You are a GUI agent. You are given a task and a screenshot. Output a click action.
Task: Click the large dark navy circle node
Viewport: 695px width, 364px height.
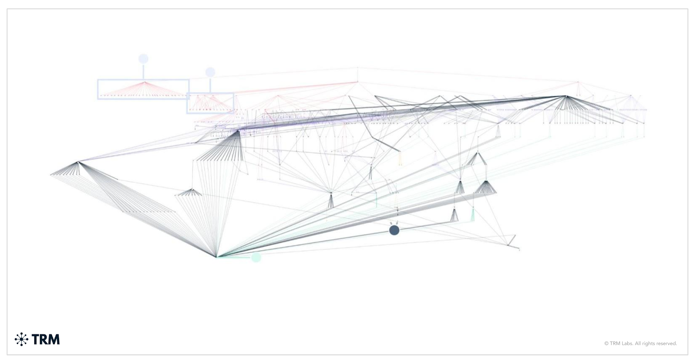coord(394,230)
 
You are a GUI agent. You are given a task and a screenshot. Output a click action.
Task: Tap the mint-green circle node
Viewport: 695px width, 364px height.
coord(256,257)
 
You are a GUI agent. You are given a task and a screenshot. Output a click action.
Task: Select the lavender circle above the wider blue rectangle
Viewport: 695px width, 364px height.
coord(143,59)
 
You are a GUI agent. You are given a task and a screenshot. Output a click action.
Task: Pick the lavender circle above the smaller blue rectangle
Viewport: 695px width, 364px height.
coord(210,72)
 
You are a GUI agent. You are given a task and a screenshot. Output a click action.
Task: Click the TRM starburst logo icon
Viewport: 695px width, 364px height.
coord(21,339)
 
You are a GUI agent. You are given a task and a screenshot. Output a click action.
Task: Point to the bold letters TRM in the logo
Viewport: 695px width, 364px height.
coord(46,339)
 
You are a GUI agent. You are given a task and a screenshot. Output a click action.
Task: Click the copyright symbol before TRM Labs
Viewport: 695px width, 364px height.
coord(606,344)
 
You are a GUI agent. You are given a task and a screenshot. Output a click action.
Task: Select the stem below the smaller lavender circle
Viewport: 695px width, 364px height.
coord(210,85)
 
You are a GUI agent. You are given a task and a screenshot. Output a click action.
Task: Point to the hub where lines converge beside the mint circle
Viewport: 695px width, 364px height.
coord(217,257)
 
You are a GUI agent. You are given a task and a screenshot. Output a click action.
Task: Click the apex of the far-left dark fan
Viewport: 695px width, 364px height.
coord(78,162)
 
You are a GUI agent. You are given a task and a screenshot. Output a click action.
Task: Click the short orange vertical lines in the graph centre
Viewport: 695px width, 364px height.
coord(400,158)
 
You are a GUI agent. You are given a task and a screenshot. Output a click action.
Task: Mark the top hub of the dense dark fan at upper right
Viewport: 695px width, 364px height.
coord(566,96)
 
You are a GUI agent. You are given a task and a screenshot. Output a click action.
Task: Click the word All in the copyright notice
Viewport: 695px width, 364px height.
coord(639,344)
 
